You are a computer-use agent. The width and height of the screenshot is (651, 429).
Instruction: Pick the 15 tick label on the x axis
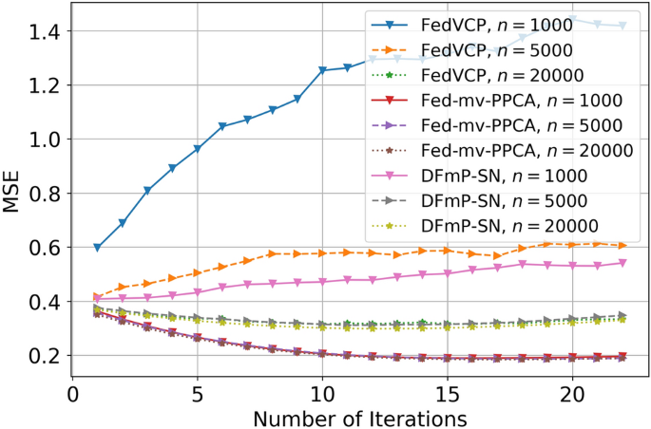tap(447, 391)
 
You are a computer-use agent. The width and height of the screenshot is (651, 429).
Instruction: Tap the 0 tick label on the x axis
tap(73, 391)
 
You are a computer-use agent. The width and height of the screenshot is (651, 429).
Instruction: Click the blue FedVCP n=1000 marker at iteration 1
tap(98, 247)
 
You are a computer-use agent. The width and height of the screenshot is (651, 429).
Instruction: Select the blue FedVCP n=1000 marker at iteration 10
tap(322, 70)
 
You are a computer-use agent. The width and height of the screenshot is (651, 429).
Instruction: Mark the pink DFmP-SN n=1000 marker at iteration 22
tap(622, 263)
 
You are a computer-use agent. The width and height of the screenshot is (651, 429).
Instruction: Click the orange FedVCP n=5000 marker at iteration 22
tap(622, 245)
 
